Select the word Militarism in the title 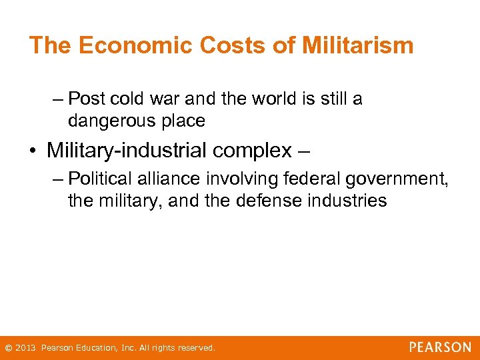357,45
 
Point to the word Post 87,99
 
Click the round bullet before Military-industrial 32,151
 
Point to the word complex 253,151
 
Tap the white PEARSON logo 440,347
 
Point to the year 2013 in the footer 25,348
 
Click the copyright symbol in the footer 7,348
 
